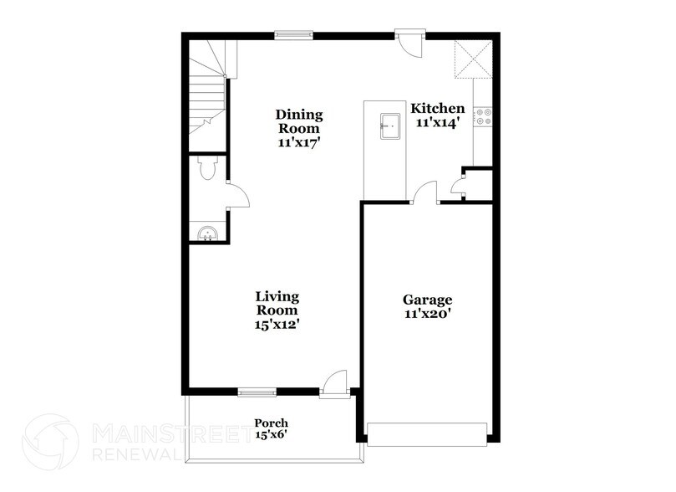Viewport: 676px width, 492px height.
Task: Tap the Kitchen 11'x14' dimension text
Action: (x=437, y=123)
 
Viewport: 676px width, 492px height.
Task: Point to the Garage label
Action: (x=427, y=300)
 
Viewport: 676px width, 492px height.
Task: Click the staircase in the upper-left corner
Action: (x=206, y=94)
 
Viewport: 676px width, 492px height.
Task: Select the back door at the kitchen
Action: (x=411, y=43)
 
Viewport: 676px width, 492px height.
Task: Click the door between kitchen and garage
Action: (x=426, y=193)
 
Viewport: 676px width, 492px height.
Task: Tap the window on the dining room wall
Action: (x=294, y=35)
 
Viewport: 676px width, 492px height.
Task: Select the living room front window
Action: (x=257, y=392)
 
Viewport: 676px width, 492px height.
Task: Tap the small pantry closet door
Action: (x=457, y=186)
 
